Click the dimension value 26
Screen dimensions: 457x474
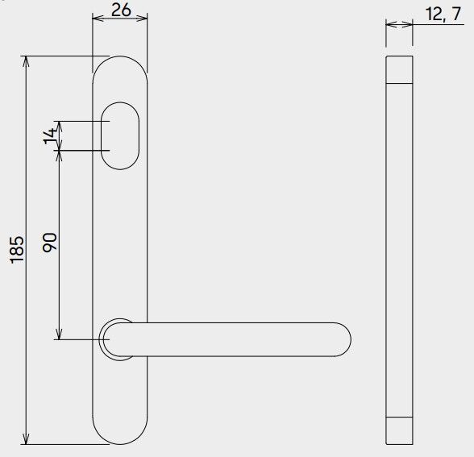(120, 10)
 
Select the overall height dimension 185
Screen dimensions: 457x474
(17, 248)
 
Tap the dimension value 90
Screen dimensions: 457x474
(48, 243)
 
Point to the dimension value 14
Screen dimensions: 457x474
(50, 135)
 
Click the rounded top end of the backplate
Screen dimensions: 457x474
(121, 69)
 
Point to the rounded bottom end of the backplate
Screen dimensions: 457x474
(121, 431)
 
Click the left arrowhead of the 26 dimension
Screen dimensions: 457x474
(98, 21)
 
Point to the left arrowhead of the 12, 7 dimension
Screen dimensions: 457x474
(391, 24)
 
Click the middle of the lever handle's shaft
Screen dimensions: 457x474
(234, 339)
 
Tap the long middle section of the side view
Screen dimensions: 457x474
(400, 250)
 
